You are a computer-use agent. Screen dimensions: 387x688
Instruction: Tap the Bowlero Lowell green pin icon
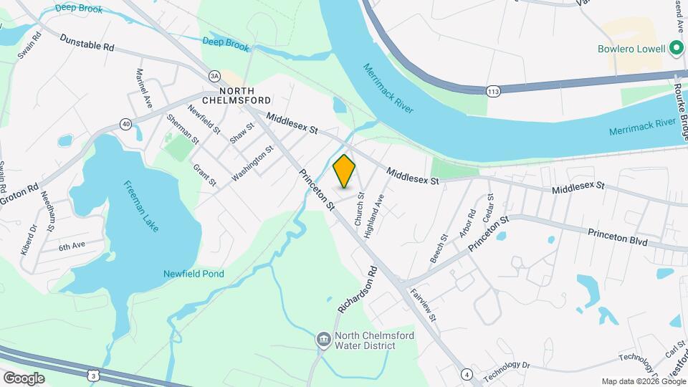pos(675,49)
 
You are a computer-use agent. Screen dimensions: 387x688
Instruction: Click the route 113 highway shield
pos(492,90)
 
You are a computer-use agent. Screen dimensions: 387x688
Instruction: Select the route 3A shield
pos(214,75)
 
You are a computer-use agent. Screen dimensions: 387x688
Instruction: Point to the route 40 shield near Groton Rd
pos(126,124)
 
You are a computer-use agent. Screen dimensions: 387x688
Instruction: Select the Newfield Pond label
pos(193,274)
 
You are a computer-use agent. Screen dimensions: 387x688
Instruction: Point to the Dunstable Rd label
pos(87,42)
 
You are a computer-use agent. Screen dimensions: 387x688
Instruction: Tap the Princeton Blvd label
pos(617,238)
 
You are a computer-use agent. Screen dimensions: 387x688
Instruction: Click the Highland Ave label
pos(374,206)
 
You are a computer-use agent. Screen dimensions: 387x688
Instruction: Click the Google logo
pos(24,378)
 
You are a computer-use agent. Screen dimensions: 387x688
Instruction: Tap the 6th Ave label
pos(72,246)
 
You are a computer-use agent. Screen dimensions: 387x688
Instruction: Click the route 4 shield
pos(467,373)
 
